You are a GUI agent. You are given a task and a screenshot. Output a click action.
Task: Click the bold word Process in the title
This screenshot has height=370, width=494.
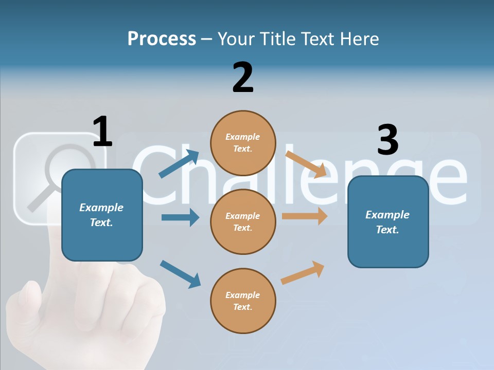[162, 39]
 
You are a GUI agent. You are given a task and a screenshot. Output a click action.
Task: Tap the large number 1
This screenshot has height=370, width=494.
[102, 132]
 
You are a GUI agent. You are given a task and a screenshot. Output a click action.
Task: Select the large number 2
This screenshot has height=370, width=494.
[243, 78]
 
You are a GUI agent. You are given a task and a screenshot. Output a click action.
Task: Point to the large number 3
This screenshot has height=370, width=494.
[387, 140]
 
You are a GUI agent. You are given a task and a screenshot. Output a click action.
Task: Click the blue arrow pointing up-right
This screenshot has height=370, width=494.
[179, 164]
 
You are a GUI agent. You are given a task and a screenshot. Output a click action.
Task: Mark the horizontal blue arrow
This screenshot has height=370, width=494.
[180, 217]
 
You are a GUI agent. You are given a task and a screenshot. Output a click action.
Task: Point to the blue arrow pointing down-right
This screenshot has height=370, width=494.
[180, 274]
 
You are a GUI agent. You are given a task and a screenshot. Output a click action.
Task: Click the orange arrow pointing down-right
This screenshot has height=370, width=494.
[306, 164]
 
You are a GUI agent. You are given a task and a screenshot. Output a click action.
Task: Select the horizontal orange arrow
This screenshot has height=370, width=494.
[305, 216]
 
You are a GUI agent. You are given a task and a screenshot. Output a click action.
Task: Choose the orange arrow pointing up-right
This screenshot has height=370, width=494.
[303, 272]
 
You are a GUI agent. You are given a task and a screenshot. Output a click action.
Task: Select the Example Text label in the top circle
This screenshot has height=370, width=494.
[243, 143]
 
